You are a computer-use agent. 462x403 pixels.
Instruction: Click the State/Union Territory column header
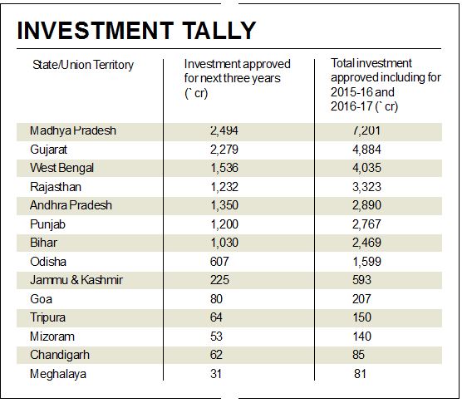[x=83, y=64]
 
